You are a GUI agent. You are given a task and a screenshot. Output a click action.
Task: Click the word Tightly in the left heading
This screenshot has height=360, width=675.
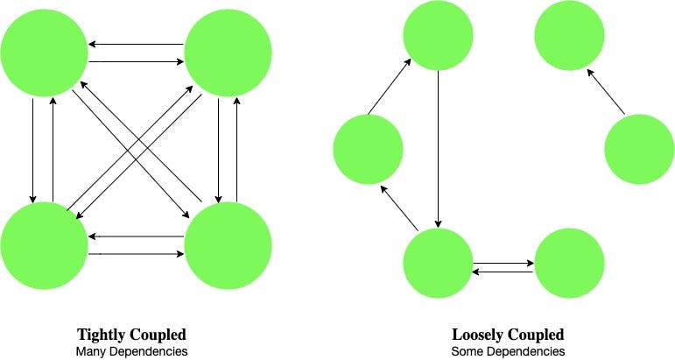[102, 335]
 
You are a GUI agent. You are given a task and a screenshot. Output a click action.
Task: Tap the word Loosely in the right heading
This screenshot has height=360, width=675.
[478, 335]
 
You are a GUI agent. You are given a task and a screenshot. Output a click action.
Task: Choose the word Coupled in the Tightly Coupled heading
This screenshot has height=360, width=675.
[158, 335]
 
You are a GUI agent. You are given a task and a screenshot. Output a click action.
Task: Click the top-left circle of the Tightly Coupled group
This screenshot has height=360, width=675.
[45, 53]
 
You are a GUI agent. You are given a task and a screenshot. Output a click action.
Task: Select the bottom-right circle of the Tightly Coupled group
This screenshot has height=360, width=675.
[229, 245]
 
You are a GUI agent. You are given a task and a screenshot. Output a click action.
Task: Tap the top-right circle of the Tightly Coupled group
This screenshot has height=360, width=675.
[229, 53]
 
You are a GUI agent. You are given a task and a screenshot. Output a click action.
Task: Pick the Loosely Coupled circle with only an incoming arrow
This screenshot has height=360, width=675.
[570, 35]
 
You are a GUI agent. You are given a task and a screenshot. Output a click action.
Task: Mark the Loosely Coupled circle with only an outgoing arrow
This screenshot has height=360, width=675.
[640, 149]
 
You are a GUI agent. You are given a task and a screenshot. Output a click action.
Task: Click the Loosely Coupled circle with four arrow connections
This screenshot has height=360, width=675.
[438, 263]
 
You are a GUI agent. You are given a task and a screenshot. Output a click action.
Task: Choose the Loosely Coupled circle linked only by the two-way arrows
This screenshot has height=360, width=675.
[570, 263]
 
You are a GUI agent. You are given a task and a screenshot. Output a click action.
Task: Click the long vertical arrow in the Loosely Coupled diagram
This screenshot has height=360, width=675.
[439, 149]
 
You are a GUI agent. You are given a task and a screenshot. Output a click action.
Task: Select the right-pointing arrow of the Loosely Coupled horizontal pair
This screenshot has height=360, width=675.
[503, 263]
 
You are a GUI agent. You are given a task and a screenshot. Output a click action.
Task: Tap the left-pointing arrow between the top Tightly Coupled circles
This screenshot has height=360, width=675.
[136, 44]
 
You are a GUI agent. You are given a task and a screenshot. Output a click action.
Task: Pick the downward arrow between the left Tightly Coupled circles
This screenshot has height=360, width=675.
[32, 151]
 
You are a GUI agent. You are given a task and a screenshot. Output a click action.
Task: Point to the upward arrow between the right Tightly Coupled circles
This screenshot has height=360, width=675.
[236, 150]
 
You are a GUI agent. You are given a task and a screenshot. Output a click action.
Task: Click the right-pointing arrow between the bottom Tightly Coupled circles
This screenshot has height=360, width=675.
[136, 254]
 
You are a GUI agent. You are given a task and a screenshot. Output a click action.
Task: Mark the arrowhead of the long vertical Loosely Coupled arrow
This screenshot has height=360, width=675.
[439, 224]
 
